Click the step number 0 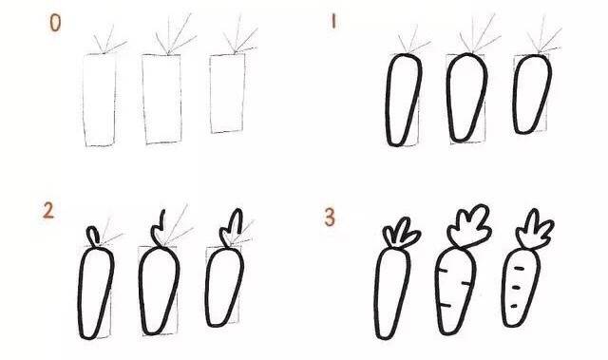55,23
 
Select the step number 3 330,218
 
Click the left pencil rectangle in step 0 99,99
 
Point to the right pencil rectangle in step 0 226,92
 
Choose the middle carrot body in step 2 158,289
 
